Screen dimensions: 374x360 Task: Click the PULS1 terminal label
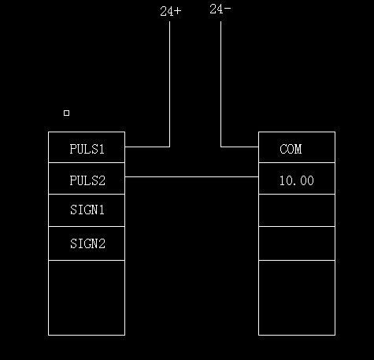coord(87,149)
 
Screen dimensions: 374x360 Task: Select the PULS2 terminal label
coord(87,180)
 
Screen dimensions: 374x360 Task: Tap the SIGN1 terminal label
coord(87,210)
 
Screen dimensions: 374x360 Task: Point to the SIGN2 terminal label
coord(87,243)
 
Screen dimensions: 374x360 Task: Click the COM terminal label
coord(291,149)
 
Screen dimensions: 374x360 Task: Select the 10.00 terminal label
coord(297,180)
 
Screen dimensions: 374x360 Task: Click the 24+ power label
coord(171,11)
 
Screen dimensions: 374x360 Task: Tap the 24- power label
coord(220,9)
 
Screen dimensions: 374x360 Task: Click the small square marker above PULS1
coord(66,113)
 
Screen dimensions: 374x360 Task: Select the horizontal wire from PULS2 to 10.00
coord(191,176)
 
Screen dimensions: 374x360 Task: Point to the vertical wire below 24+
coord(169,84)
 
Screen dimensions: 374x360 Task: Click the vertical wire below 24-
coord(220,84)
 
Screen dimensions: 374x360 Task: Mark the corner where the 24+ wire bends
coord(169,147)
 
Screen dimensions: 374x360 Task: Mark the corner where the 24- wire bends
coord(220,147)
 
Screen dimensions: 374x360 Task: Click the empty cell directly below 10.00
coord(297,210)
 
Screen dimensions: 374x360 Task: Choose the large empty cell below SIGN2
coord(87,298)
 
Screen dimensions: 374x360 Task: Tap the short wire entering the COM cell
coord(239,147)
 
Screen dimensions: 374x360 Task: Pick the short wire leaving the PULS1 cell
coord(147,147)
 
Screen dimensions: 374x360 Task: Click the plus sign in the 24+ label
coord(178,11)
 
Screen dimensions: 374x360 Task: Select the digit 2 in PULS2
coord(102,180)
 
